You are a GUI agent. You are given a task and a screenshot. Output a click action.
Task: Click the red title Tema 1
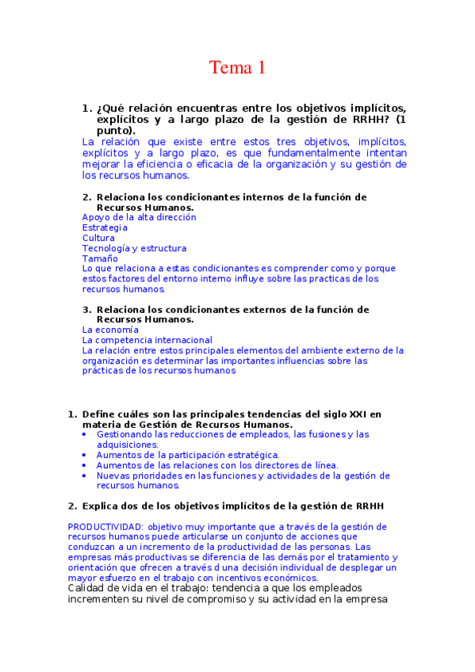[237, 68]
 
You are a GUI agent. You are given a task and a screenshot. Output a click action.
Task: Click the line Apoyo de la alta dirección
[140, 216]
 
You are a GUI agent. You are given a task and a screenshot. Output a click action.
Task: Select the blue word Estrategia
[105, 227]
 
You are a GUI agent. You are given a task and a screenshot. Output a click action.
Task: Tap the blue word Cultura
[98, 238]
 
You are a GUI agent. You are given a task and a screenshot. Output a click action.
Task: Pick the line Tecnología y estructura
[135, 248]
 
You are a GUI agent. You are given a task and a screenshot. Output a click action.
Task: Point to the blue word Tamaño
[100, 258]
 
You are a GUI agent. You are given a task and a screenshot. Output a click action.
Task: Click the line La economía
[110, 329]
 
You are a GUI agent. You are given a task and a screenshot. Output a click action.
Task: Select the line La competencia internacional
[147, 340]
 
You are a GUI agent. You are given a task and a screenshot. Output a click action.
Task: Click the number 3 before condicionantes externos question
[86, 309]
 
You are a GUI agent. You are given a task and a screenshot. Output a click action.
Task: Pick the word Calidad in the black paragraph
[87, 588]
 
